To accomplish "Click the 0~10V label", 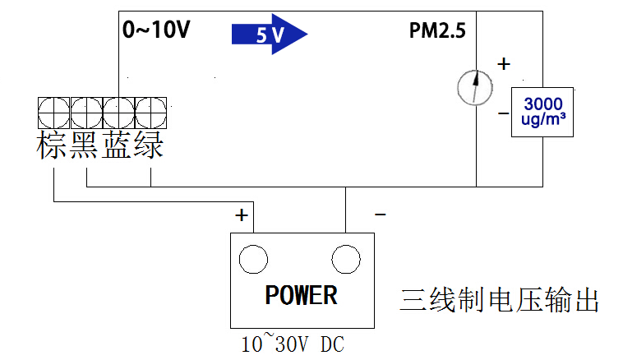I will click(156, 30).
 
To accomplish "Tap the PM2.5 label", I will click(437, 31).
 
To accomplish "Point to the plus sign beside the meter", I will click(504, 63).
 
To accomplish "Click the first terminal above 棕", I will click(53, 112).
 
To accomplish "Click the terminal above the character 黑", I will click(85, 112).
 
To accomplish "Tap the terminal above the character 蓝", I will click(118, 112).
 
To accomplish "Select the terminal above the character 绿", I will click(150, 112).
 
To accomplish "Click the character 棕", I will click(53, 145).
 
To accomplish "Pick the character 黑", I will click(85, 145).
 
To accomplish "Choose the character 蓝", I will click(118, 145).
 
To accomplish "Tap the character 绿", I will click(150, 145).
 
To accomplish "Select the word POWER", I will click(301, 295).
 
